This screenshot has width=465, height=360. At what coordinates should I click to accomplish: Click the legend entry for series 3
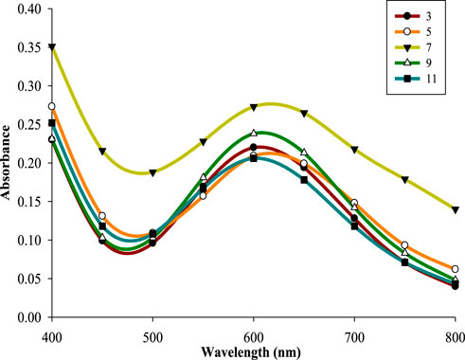(416, 16)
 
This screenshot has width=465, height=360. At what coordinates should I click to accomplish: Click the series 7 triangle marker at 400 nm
(52, 47)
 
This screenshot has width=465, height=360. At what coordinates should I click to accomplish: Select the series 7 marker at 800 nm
(455, 209)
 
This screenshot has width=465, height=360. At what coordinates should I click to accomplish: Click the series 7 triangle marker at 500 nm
(152, 172)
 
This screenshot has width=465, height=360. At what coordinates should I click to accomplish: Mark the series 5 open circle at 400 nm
(52, 106)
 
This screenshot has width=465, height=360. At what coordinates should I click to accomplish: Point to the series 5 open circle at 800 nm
(455, 269)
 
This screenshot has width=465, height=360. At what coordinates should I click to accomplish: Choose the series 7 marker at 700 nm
(354, 150)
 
